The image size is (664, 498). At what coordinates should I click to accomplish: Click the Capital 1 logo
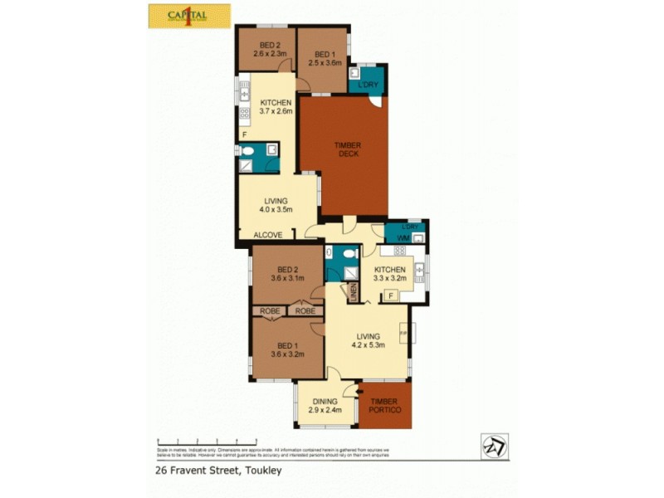click(189, 16)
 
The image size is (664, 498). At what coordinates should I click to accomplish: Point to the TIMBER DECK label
click(347, 149)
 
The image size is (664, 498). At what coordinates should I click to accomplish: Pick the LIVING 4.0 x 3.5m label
click(276, 206)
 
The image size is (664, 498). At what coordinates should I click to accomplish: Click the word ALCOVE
click(268, 235)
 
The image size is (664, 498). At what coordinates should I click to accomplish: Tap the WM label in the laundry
click(402, 238)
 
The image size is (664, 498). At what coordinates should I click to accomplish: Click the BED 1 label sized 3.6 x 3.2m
click(287, 349)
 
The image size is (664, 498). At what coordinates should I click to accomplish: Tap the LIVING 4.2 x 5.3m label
click(366, 341)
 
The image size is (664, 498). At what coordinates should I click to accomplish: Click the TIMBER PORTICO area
click(384, 407)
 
